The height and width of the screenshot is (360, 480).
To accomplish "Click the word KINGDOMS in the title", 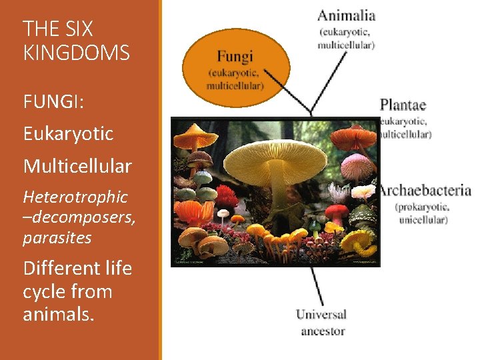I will [x=76, y=53].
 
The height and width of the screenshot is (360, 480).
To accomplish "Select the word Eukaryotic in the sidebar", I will [x=68, y=134].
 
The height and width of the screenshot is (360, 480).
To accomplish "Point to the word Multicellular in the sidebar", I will [x=77, y=166].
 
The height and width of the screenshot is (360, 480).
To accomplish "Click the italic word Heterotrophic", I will [x=75, y=197].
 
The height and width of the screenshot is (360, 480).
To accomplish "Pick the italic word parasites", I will [x=57, y=238].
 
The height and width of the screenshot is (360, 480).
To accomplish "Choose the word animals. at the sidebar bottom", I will [x=59, y=314].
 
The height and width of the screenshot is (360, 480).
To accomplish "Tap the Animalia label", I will [x=347, y=15].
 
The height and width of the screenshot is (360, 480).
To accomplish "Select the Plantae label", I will [x=403, y=105].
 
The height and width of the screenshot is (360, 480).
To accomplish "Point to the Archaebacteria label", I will [x=425, y=191].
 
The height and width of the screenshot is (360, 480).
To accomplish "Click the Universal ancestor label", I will [x=321, y=322].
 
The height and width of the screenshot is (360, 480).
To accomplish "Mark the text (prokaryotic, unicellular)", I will [x=423, y=213].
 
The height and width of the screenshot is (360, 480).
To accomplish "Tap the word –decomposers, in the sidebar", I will [x=79, y=217].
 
